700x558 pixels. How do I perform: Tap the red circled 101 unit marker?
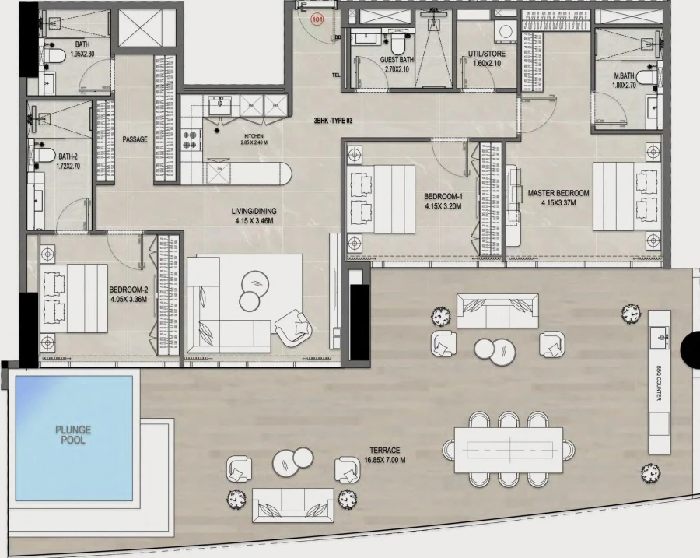tap(317, 21)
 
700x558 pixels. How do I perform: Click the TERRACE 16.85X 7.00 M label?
tap(385, 455)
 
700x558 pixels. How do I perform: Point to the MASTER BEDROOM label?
tap(558, 197)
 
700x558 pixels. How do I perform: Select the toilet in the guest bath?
tap(397, 40)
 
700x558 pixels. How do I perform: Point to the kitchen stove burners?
tap(191, 139)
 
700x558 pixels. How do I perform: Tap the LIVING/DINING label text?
tap(254, 215)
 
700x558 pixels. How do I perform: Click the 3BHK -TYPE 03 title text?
tap(333, 121)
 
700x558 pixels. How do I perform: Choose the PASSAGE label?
tap(135, 139)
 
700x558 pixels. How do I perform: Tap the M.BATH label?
tap(625, 80)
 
